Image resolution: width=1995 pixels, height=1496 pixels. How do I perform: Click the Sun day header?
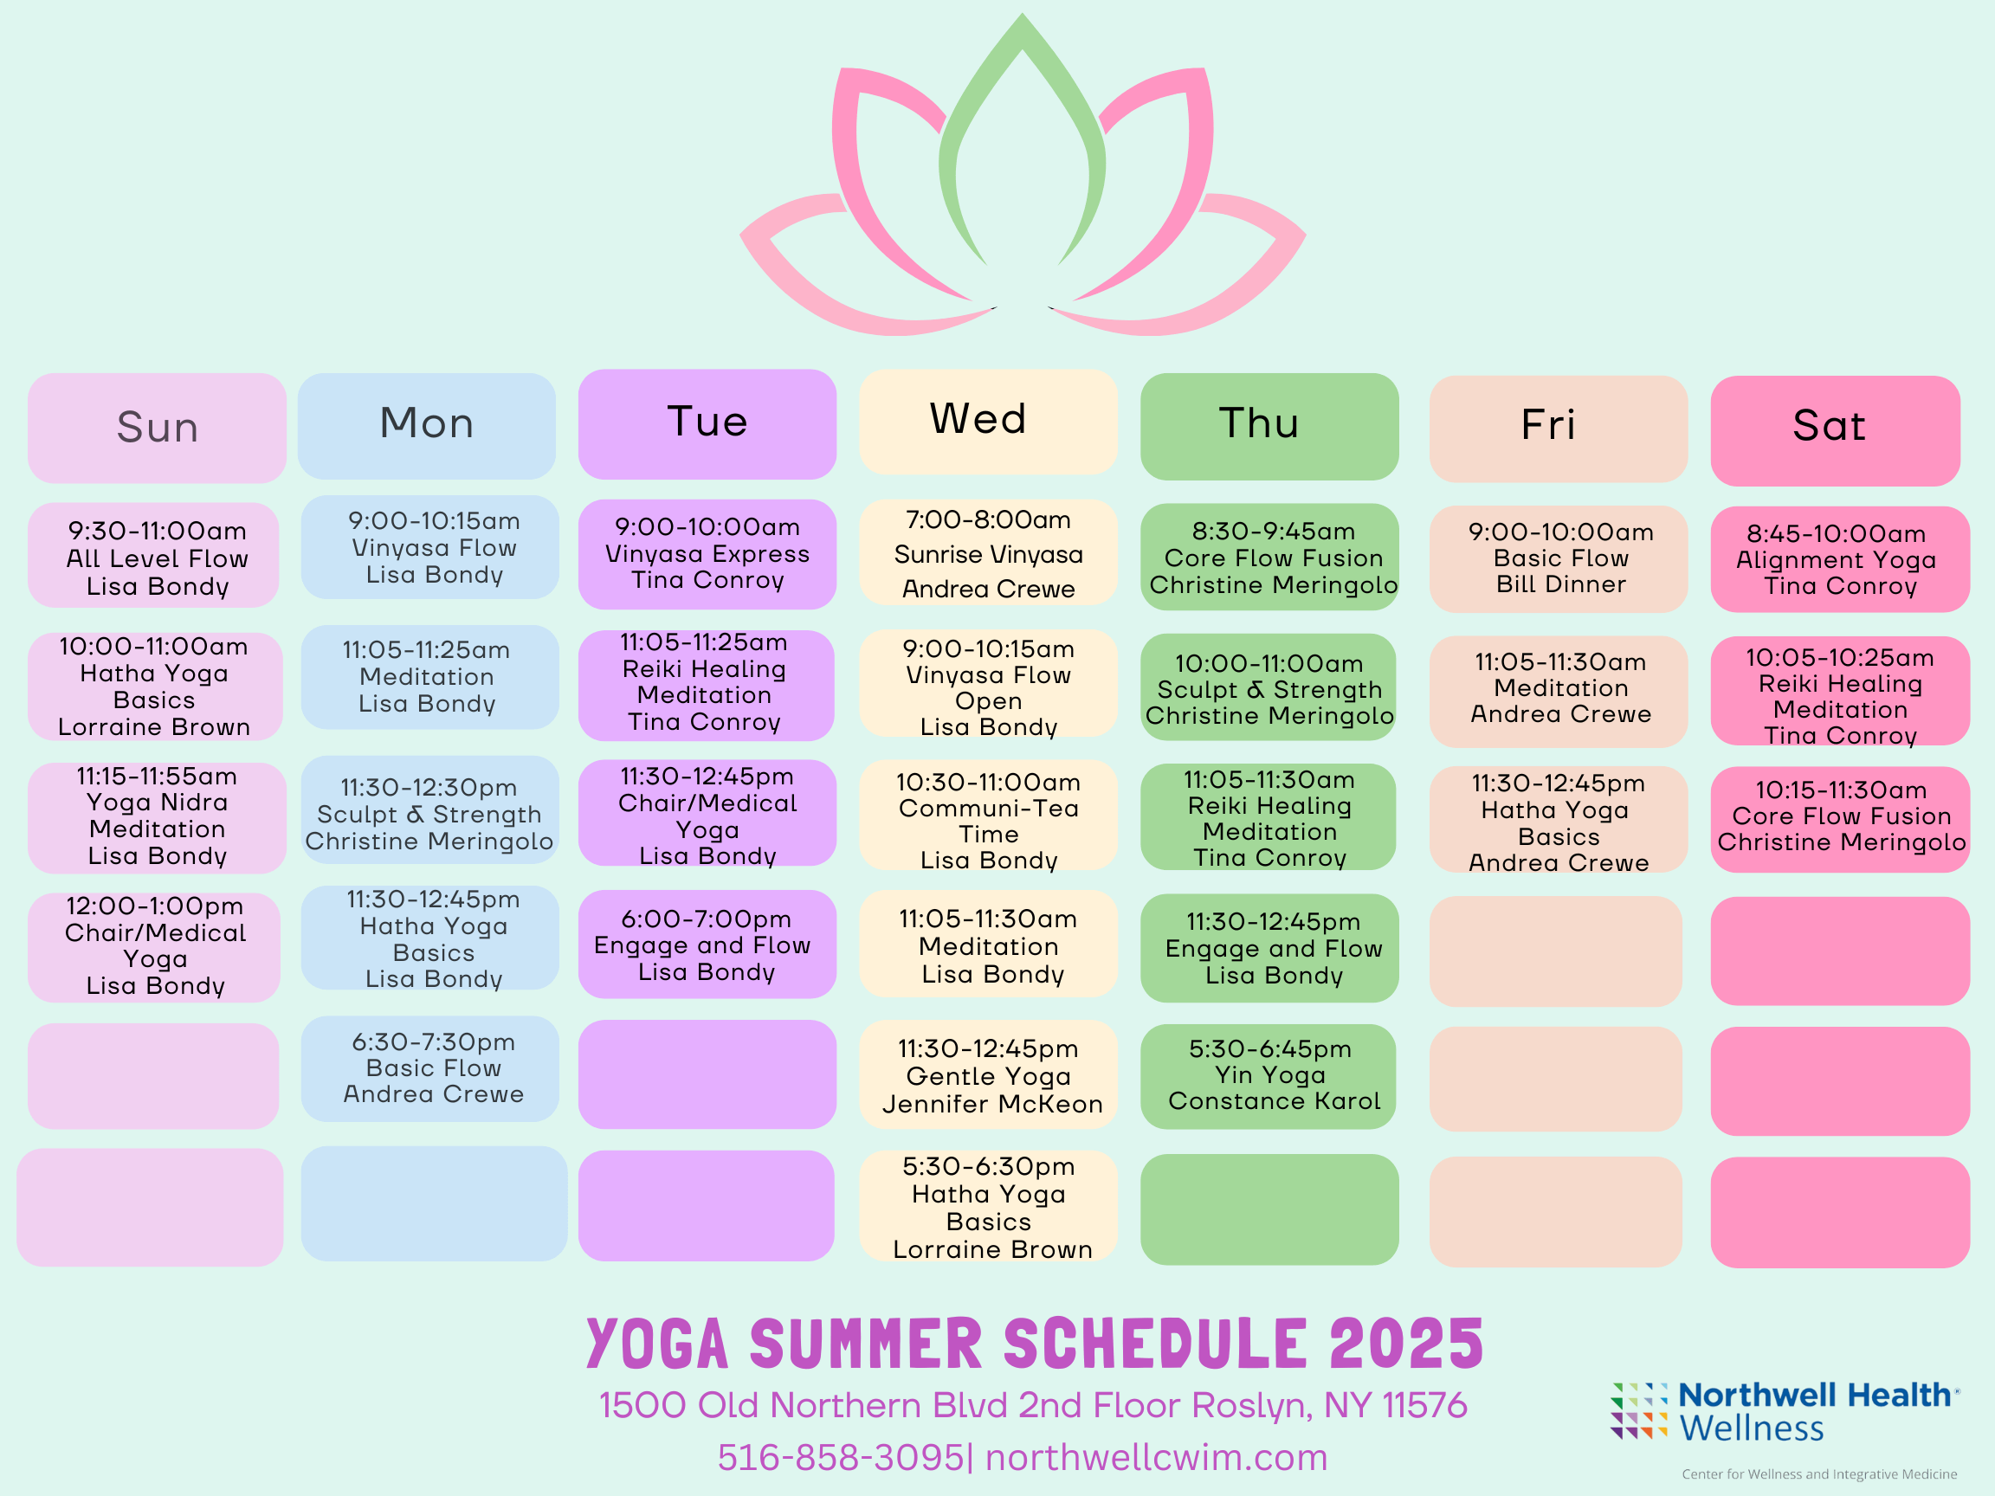(157, 428)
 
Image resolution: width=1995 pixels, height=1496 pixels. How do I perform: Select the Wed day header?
(989, 421)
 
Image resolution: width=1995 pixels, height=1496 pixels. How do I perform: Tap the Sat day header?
(1836, 431)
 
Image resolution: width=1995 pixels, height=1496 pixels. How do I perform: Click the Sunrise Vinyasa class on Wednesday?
(989, 552)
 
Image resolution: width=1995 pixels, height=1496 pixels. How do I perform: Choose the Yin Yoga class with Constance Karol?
(1269, 1076)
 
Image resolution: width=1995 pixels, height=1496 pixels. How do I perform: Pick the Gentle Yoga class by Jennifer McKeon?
(989, 1075)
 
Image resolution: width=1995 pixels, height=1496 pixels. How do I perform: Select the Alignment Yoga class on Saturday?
(1840, 559)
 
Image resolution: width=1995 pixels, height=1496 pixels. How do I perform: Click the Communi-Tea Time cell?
(989, 816)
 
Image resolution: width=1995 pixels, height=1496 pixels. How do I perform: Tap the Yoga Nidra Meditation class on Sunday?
(157, 817)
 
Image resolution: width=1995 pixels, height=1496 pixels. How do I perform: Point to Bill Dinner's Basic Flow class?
(1559, 559)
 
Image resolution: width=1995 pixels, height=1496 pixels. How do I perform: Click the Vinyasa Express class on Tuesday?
(707, 554)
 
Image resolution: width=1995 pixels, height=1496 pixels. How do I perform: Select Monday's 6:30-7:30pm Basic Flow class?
(430, 1068)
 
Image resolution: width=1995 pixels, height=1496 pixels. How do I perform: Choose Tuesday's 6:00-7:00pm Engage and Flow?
(707, 945)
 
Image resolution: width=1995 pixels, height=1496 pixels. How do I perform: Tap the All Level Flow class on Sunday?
(153, 555)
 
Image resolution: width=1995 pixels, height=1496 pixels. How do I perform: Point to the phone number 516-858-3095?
(841, 1457)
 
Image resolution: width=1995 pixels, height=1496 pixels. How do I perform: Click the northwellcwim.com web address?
(1156, 1457)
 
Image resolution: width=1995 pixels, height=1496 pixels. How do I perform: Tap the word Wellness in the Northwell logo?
(1751, 1428)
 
